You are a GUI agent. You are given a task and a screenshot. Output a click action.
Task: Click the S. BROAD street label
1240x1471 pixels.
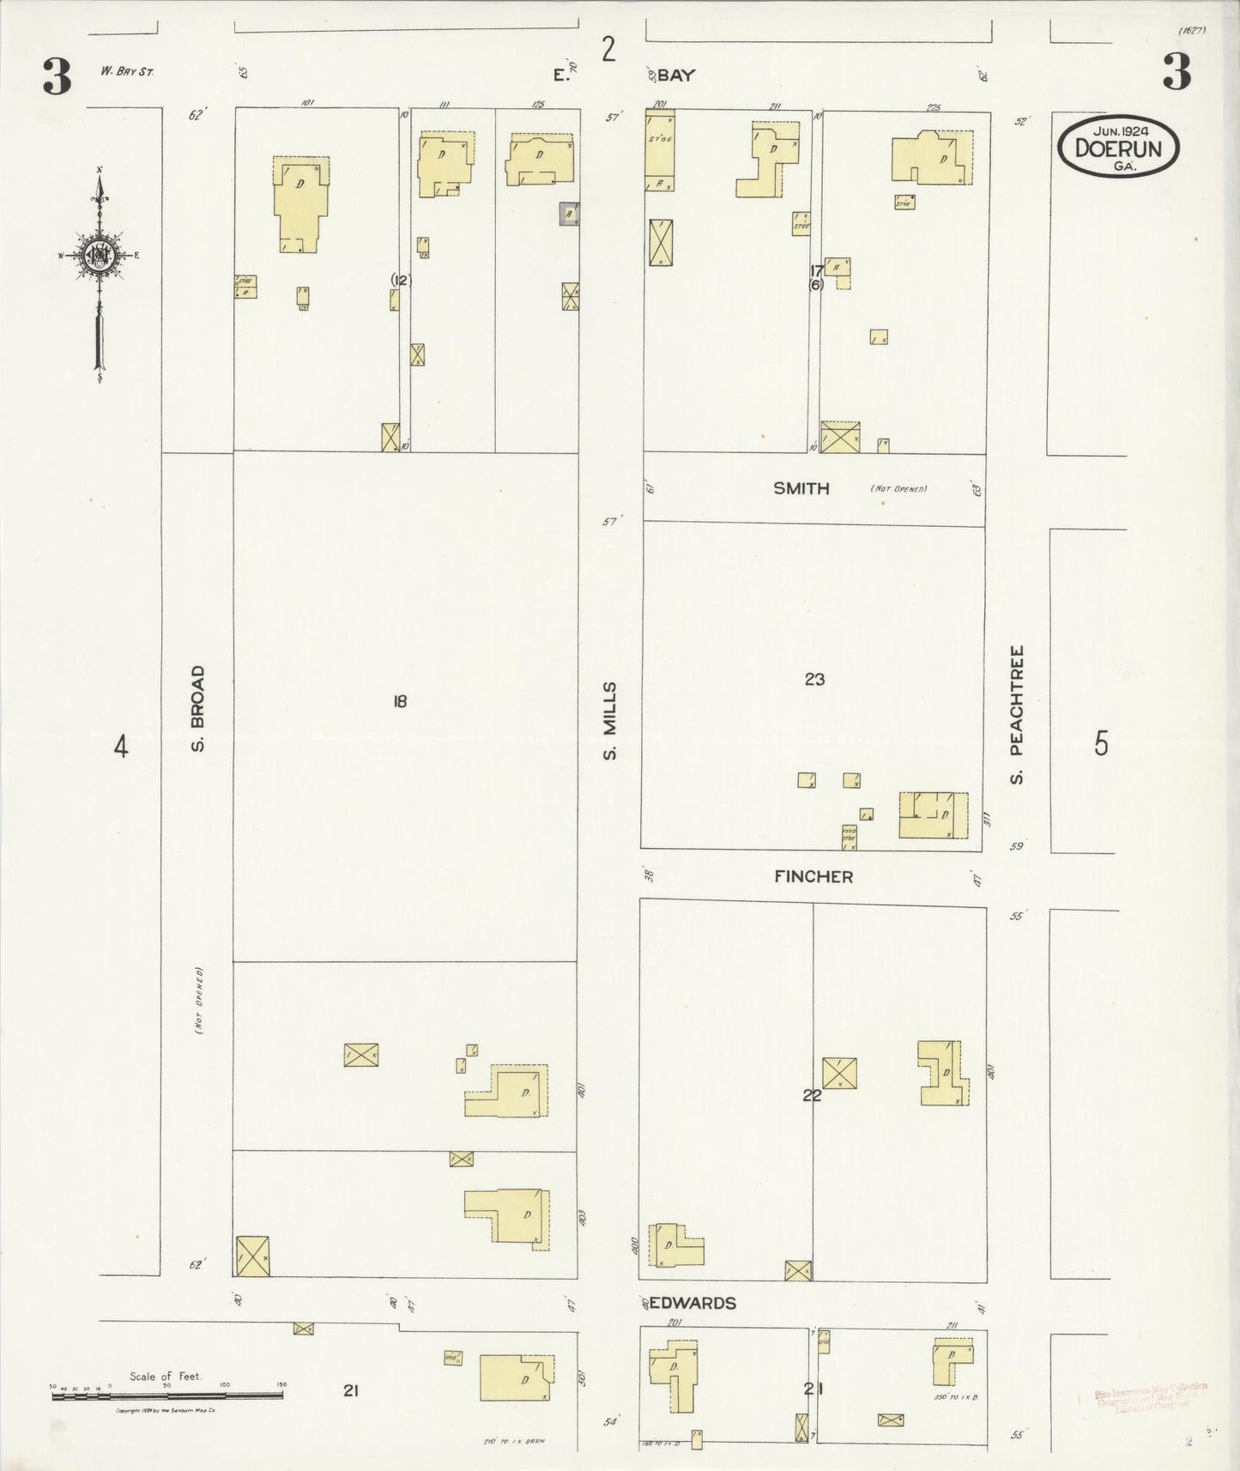pos(197,709)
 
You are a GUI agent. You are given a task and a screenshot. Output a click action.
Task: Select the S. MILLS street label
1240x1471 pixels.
pos(610,721)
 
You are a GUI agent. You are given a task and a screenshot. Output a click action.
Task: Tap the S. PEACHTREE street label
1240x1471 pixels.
pos(1017,714)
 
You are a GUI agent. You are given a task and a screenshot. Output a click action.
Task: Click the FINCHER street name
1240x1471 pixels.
pos(813,876)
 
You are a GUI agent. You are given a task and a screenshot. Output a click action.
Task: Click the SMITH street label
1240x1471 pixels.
pos(801,488)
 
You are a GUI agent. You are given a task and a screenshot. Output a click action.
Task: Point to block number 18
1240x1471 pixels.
pos(399,701)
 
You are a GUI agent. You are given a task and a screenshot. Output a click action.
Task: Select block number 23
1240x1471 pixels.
pos(814,680)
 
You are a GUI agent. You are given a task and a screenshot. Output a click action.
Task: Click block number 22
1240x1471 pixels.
pos(812,1095)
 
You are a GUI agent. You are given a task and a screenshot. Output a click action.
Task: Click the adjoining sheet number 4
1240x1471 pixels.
pos(121,747)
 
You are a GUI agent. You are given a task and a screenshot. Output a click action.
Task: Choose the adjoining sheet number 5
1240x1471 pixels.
pos(1101,743)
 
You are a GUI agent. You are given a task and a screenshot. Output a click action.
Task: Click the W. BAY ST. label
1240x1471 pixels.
pos(126,72)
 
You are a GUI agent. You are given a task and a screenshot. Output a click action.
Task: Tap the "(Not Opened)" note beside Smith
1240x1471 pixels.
pos(898,488)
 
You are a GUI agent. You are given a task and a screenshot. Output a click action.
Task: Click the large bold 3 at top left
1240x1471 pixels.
pos(57,77)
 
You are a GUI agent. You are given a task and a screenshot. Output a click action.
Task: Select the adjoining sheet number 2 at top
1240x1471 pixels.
pos(608,50)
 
